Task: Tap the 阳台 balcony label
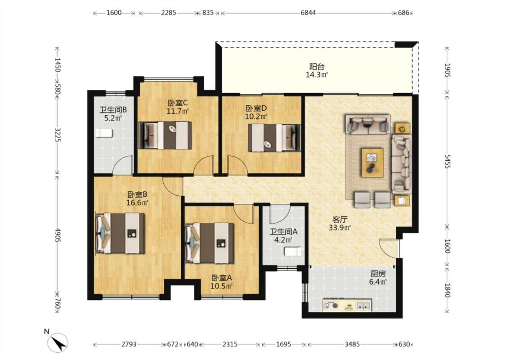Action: coord(317,67)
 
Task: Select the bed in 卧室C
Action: coord(165,135)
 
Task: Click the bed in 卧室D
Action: coord(274,138)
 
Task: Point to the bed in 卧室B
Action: coord(120,233)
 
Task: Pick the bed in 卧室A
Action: coord(210,243)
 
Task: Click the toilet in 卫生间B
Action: coord(104,133)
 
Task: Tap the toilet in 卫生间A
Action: coord(293,252)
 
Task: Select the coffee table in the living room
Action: coord(372,163)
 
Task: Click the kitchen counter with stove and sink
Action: coord(347,305)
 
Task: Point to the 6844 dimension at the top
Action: coord(308,13)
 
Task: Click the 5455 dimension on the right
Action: coord(447,161)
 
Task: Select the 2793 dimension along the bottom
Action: coord(129,344)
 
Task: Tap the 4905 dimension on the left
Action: coord(58,235)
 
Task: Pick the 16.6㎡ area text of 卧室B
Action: coord(138,203)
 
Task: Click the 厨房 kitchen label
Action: coord(378,274)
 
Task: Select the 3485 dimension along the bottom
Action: coord(352,344)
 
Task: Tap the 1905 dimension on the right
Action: coord(447,70)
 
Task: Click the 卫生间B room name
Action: coord(113,110)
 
